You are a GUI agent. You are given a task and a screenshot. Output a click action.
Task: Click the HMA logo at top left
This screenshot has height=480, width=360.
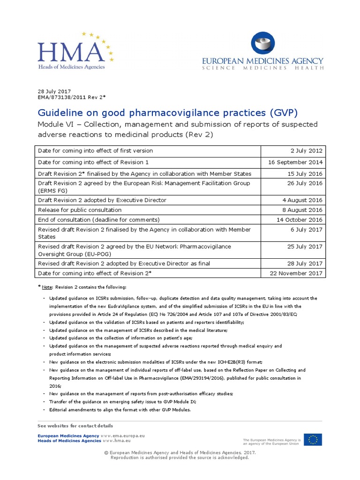pyautogui.click(x=75, y=51)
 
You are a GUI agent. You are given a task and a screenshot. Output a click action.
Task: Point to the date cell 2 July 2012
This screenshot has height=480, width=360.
pyautogui.click(x=307, y=151)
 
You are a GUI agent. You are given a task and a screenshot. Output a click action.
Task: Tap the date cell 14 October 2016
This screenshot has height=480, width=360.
pyautogui.click(x=300, y=220)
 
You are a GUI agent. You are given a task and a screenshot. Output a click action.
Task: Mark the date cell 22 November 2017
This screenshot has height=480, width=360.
pyautogui.click(x=297, y=273)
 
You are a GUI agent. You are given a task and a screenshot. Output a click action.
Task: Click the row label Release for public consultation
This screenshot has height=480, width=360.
pyautogui.click(x=80, y=210)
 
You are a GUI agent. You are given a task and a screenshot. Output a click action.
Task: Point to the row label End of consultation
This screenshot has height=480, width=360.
pyautogui.click(x=99, y=220)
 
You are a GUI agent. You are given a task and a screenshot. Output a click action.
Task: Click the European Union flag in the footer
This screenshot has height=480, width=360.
pyautogui.click(x=312, y=440)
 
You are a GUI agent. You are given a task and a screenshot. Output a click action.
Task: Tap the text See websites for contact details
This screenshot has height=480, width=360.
pyautogui.click(x=75, y=426)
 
